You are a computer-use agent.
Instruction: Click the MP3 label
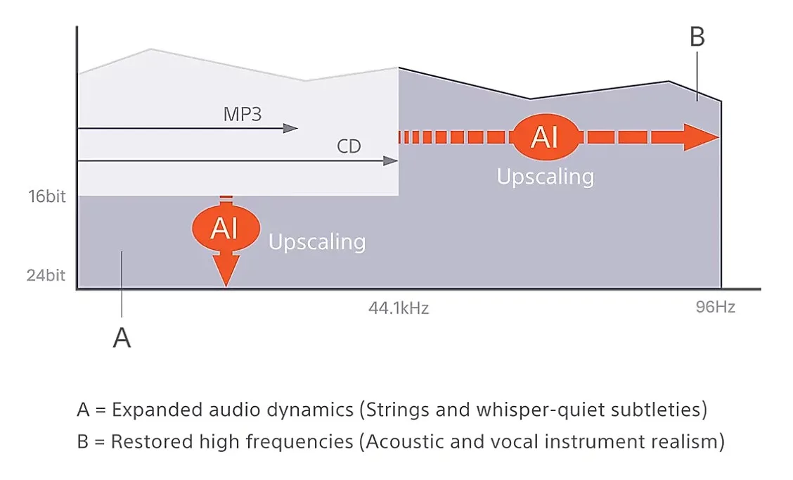pyautogui.click(x=243, y=115)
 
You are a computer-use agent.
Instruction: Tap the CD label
pyautogui.click(x=349, y=146)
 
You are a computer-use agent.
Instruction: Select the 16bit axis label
pyautogui.click(x=47, y=196)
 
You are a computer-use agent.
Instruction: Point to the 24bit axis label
pyautogui.click(x=46, y=275)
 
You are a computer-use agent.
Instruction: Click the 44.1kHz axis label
pyautogui.click(x=399, y=308)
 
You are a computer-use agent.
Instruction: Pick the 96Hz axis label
pyautogui.click(x=715, y=307)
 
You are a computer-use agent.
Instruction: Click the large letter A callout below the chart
pyautogui.click(x=122, y=338)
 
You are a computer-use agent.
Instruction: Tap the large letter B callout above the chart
pyautogui.click(x=697, y=37)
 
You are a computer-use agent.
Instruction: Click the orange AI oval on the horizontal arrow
pyautogui.click(x=546, y=137)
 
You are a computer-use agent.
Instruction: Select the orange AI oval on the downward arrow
pyautogui.click(x=226, y=228)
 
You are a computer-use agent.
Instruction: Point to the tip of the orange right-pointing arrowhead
pyautogui.click(x=719, y=137)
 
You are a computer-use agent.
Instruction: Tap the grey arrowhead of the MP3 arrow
pyautogui.click(x=290, y=128)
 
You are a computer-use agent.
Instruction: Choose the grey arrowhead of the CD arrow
pyautogui.click(x=390, y=161)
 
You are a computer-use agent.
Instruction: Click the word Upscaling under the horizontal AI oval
pyautogui.click(x=546, y=177)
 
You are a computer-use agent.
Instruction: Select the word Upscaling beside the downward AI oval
pyautogui.click(x=317, y=243)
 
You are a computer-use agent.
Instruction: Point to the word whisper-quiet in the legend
pyautogui.click(x=540, y=410)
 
